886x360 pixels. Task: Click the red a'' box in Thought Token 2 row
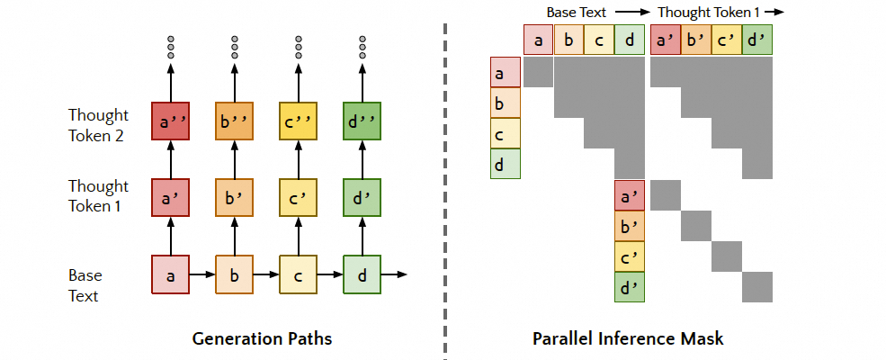(170, 121)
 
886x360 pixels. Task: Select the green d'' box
(362, 121)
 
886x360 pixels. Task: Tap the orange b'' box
(234, 121)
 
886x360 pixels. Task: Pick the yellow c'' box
(298, 121)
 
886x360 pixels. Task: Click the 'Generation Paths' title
(262, 339)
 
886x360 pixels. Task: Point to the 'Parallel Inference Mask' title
(628, 339)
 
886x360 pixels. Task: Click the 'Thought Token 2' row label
(98, 125)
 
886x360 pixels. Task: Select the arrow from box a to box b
(201, 274)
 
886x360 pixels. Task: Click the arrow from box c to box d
(329, 274)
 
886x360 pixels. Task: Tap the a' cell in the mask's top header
(666, 40)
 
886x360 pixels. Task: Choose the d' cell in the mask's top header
(757, 40)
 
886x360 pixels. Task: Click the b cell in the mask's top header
(569, 40)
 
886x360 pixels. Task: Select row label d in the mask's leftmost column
(505, 163)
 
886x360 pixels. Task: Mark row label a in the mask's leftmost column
(505, 72)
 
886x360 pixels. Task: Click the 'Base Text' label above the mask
(577, 12)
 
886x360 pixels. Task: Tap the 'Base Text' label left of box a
(86, 283)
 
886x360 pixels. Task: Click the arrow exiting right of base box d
(394, 274)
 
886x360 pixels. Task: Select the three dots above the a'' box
(170, 45)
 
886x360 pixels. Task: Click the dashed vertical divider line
(445, 180)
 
